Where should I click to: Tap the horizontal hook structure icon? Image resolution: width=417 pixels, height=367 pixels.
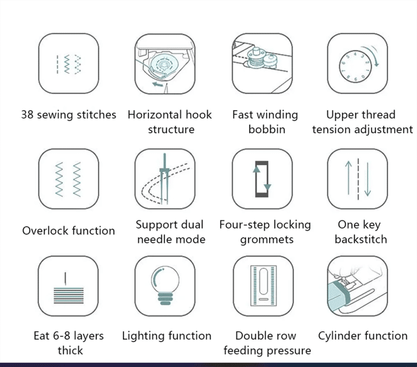click(x=165, y=64)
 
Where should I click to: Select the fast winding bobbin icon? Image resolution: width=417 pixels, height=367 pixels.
click(x=262, y=64)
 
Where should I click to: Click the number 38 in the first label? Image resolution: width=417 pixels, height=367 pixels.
click(x=28, y=115)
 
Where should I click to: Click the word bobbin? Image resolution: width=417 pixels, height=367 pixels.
click(x=266, y=130)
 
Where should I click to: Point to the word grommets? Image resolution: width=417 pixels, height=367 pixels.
click(x=266, y=240)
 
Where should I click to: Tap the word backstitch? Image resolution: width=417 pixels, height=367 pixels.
click(x=361, y=240)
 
